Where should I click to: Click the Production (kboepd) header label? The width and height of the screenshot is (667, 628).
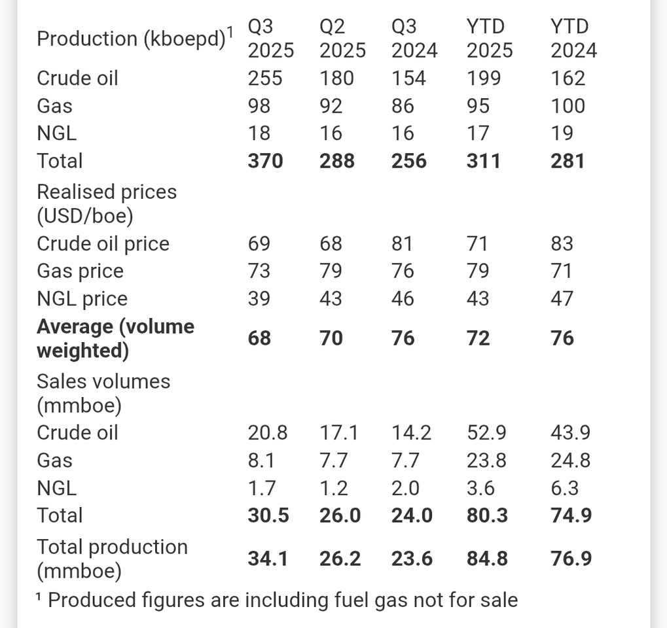[130, 39]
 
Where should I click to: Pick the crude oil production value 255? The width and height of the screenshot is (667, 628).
[265, 78]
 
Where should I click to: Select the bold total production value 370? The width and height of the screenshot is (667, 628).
[265, 161]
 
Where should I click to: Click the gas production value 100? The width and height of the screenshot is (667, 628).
[568, 106]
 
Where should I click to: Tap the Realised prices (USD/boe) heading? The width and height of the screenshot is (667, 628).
[107, 203]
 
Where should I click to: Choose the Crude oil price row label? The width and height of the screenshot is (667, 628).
[103, 244]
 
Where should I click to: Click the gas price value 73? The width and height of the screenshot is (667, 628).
[259, 271]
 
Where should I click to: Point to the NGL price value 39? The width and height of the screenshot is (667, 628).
[259, 299]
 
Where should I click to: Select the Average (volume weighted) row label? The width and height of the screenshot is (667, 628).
[115, 338]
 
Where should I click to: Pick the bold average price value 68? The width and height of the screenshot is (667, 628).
[259, 338]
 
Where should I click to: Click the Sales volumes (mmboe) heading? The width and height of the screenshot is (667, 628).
[103, 393]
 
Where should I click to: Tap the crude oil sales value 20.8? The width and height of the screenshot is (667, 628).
[267, 432]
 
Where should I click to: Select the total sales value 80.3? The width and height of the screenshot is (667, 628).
[487, 515]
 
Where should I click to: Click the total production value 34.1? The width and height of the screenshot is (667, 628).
[267, 559]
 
